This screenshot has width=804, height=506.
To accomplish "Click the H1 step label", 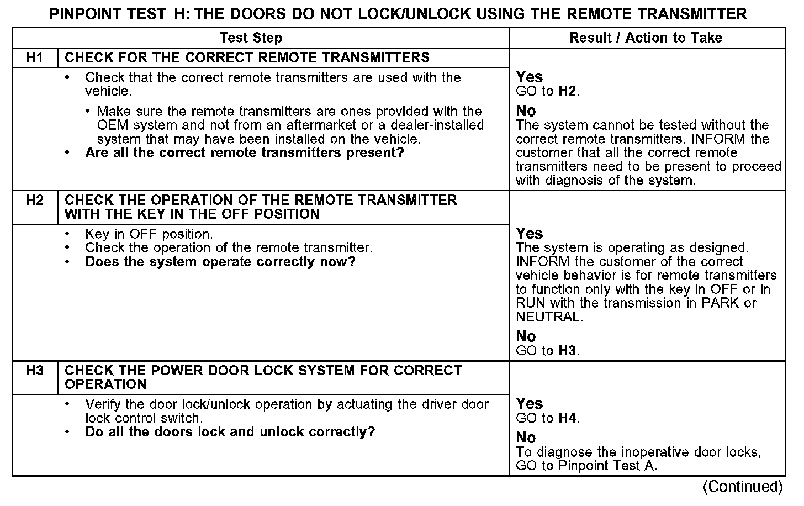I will (x=34, y=58).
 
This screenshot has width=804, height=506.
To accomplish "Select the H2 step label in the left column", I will (x=34, y=200).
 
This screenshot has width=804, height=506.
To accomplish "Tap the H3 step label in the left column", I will (x=34, y=370).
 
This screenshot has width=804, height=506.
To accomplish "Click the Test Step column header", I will (x=251, y=38).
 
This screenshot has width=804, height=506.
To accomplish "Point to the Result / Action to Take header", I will (x=646, y=38).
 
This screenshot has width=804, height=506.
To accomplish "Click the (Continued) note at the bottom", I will (x=743, y=487).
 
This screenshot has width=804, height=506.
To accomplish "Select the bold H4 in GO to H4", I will (x=568, y=418).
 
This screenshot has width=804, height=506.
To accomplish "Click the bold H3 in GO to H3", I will (x=568, y=351).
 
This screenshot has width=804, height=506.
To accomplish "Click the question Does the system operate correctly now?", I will (x=220, y=262).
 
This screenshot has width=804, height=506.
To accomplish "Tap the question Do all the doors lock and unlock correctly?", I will (x=230, y=432).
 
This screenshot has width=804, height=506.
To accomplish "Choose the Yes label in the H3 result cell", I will (x=529, y=404).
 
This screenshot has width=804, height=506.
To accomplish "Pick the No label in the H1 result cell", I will (x=526, y=111).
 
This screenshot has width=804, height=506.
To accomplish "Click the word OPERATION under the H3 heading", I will (x=105, y=384).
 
